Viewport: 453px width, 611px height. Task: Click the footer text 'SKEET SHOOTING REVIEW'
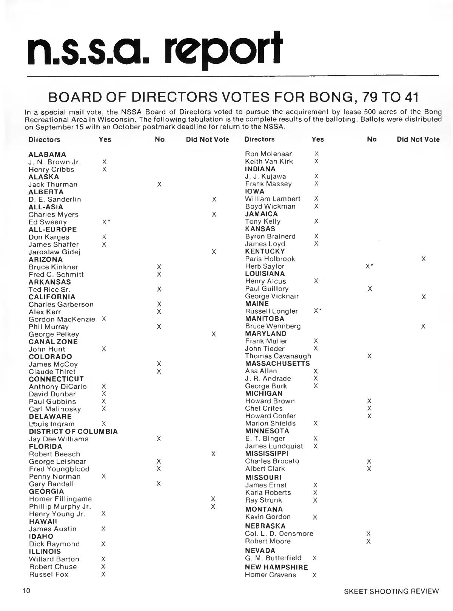tap(391, 591)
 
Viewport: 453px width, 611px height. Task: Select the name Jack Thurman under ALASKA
tap(53, 184)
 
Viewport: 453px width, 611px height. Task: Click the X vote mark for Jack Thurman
tap(159, 184)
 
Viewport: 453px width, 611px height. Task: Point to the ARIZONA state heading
tap(46, 260)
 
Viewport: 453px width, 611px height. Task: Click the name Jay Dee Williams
tap(59, 439)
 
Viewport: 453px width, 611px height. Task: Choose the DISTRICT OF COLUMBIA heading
tap(73, 432)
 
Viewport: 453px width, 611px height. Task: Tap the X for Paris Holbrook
tap(424, 259)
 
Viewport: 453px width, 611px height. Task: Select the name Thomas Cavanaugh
tap(278, 356)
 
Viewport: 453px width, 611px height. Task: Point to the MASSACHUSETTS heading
tap(277, 364)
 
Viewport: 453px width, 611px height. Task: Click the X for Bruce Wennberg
tap(423, 326)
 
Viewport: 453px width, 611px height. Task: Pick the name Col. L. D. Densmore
tap(279, 534)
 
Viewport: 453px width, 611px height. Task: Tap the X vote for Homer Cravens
tap(314, 575)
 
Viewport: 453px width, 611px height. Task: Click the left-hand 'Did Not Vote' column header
tap(208, 139)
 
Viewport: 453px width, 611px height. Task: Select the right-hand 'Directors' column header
tap(259, 139)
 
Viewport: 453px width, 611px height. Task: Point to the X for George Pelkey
tap(214, 334)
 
